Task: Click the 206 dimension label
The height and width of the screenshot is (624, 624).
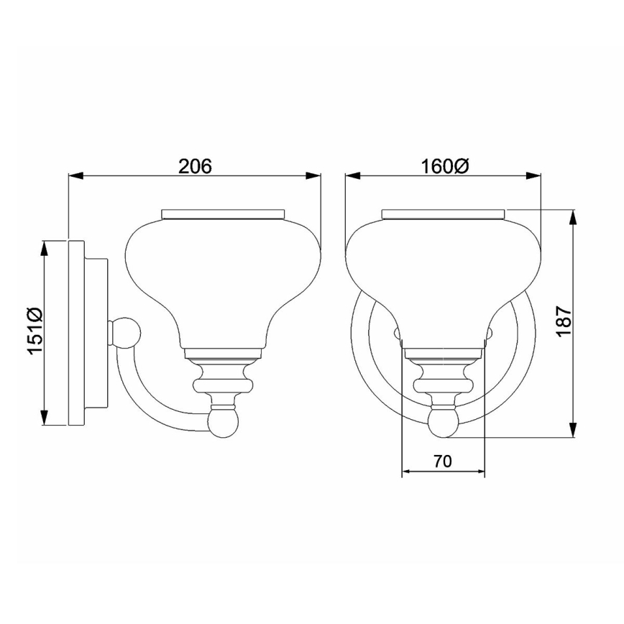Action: [195, 165]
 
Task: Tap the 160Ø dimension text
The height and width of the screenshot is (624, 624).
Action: [443, 165]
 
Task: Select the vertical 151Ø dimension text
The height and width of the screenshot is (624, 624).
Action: [35, 331]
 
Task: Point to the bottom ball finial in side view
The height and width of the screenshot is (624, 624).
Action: [222, 422]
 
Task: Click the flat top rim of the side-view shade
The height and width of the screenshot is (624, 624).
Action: [223, 214]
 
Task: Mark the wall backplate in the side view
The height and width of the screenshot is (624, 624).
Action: [76, 331]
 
